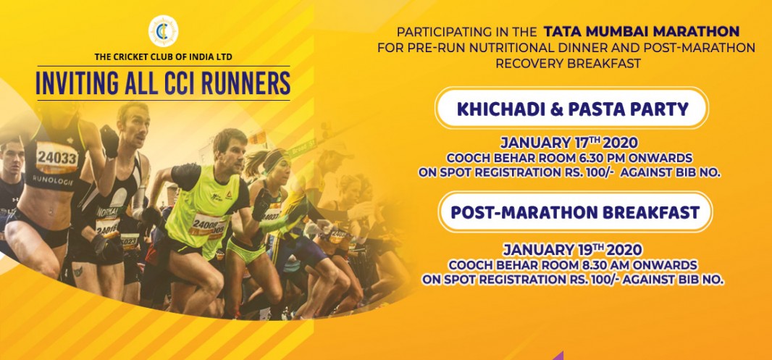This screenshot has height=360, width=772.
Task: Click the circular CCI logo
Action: tap(164, 31)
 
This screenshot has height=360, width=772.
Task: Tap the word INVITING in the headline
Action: tap(75, 84)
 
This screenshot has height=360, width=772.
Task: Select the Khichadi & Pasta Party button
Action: tap(571, 109)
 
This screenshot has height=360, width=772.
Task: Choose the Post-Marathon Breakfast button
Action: tap(575, 212)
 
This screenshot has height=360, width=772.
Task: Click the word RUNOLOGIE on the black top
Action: tap(53, 180)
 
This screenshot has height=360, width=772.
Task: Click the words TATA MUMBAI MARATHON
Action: tap(641, 32)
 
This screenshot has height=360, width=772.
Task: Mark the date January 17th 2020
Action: tap(569, 143)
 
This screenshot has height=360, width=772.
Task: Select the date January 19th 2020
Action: tap(572, 248)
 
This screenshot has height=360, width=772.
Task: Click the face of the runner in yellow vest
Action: tap(231, 149)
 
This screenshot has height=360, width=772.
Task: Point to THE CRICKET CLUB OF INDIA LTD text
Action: tap(164, 57)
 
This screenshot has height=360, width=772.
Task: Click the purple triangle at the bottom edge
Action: tap(558, 356)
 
